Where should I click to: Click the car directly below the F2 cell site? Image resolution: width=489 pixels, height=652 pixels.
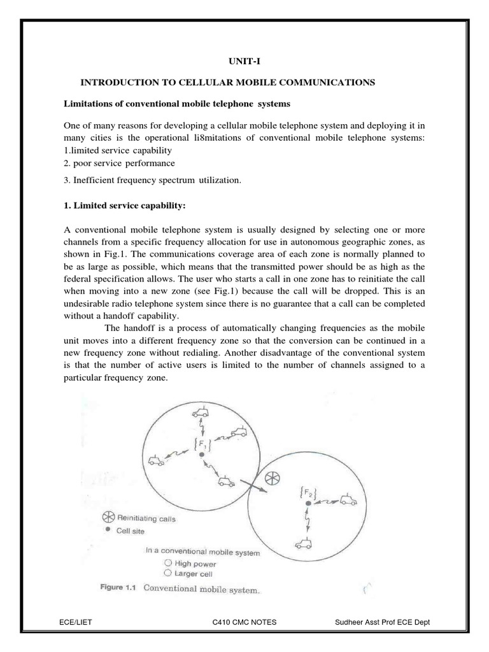point(304,542)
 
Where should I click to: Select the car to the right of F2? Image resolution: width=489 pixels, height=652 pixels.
point(347,499)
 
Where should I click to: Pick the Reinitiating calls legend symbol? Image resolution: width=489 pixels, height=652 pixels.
point(107,518)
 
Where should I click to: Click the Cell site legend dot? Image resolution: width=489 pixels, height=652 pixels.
point(107,529)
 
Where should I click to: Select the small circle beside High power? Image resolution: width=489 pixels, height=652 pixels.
point(167,563)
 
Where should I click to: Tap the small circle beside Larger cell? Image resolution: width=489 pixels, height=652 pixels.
point(167,572)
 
